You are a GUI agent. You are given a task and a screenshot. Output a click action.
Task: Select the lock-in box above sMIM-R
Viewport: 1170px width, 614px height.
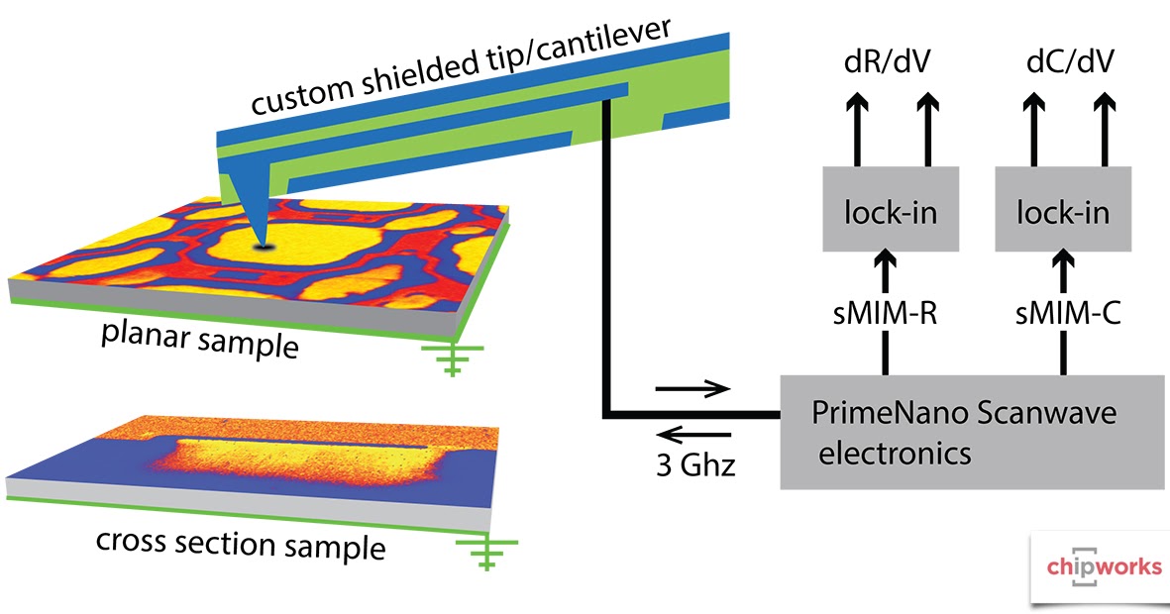point(890,209)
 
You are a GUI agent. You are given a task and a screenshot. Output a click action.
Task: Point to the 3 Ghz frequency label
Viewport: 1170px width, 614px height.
point(696,464)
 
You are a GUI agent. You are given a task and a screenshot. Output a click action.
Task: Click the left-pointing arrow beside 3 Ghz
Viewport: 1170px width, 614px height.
point(694,433)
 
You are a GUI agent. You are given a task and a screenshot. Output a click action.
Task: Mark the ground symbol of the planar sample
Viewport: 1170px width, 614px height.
point(452,360)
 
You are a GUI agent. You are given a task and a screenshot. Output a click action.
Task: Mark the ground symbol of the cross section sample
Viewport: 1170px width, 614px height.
point(484,555)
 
